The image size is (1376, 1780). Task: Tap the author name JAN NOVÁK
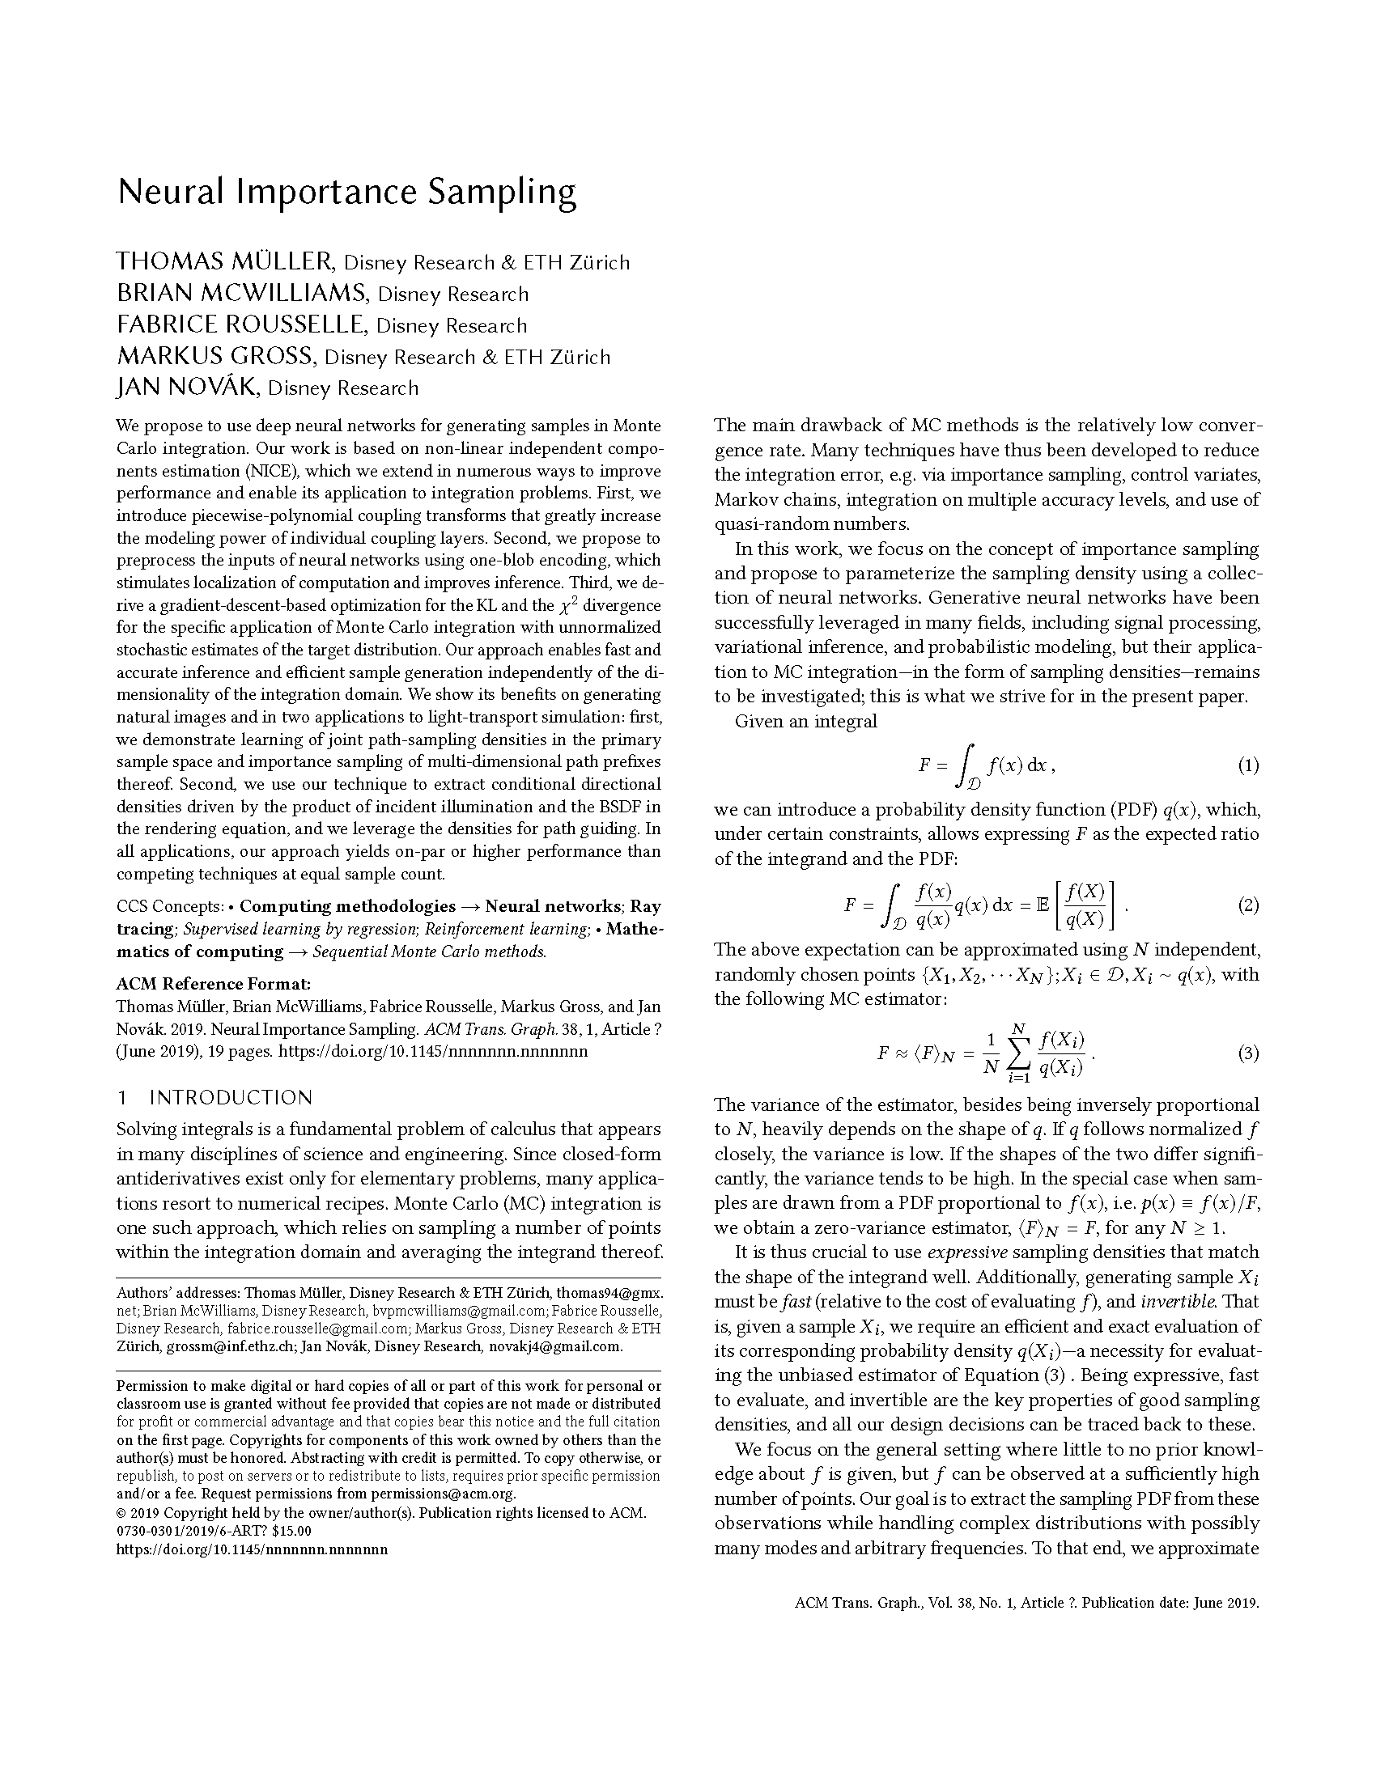(x=188, y=388)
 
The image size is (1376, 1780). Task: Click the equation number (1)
(x=1248, y=765)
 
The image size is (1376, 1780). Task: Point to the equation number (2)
(x=1248, y=905)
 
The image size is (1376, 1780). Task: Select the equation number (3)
(x=1248, y=1053)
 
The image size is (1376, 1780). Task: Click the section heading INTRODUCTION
(x=231, y=1098)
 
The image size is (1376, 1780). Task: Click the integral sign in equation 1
(x=965, y=765)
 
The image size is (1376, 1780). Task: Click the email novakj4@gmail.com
(x=555, y=1346)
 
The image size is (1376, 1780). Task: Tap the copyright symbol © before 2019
(x=122, y=1513)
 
